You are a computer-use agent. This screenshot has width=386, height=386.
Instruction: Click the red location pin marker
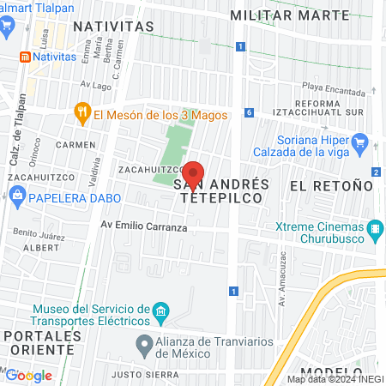point(194,175)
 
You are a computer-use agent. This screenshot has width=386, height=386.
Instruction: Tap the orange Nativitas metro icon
point(25,57)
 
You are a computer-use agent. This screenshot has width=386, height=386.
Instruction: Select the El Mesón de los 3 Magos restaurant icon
point(82,112)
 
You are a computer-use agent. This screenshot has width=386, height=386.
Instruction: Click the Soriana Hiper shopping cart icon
point(361,142)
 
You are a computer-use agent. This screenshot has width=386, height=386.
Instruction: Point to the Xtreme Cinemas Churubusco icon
point(374,230)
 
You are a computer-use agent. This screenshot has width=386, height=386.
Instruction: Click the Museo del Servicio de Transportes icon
point(160,310)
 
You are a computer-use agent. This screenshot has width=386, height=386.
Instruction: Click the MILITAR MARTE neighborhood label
point(290,15)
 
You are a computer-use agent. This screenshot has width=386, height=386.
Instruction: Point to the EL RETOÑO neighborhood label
point(331,185)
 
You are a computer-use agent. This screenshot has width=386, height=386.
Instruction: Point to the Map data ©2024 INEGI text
point(335,379)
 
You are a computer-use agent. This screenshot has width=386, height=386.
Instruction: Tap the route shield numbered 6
point(248,112)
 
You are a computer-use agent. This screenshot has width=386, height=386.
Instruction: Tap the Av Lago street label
point(96,85)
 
